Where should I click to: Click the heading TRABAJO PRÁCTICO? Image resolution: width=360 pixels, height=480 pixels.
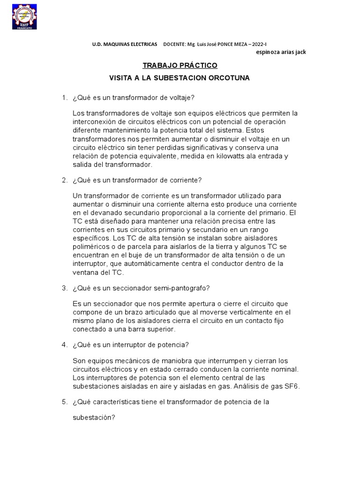tap(180, 65)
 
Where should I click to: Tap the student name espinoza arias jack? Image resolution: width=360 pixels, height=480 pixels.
tap(281, 52)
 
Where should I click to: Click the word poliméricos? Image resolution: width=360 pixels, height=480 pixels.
tap(92, 246)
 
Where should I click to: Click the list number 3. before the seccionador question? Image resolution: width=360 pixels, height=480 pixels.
tap(65, 287)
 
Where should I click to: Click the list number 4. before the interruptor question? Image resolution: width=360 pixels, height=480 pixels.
tap(65, 345)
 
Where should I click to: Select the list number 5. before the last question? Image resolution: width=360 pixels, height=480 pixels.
tap(65, 402)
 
